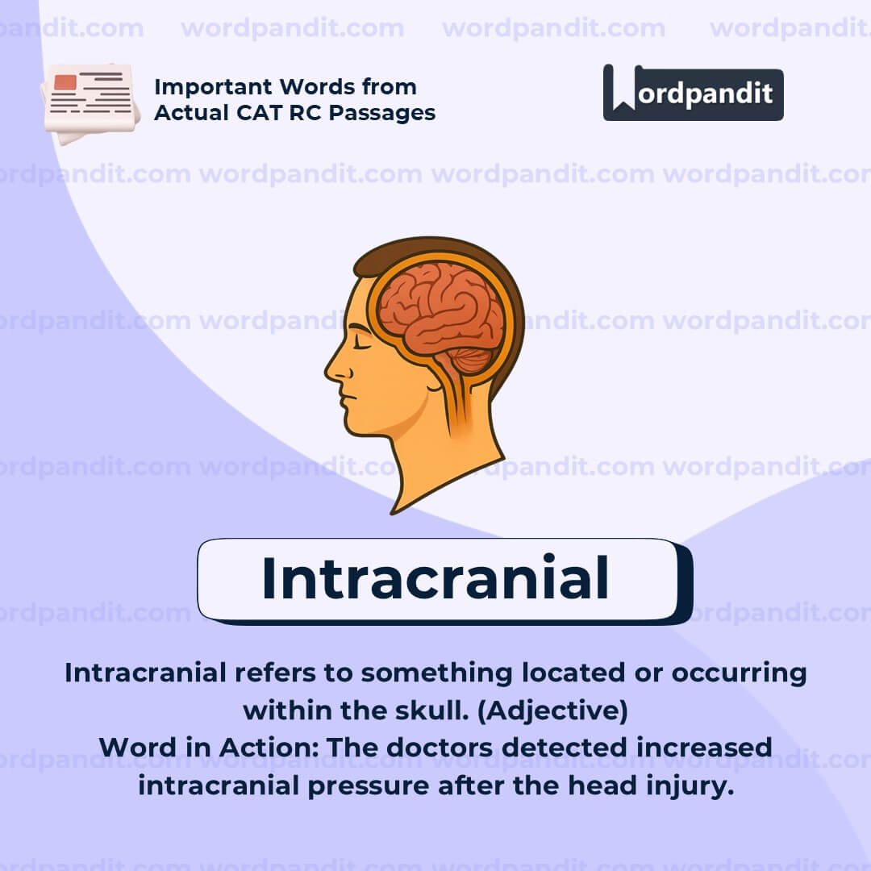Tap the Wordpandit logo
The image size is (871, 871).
point(693,93)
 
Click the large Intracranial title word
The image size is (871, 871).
point(435,579)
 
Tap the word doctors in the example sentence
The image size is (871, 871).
point(440,748)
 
